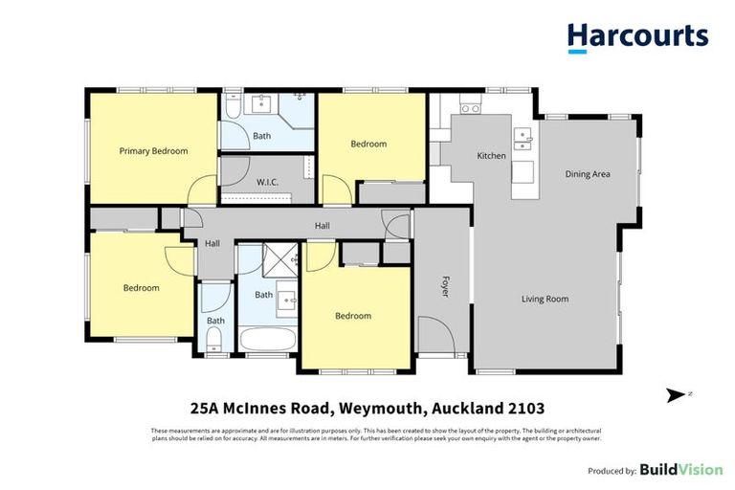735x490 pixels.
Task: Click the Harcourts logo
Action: pos(637,37)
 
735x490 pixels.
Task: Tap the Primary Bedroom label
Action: pos(153,151)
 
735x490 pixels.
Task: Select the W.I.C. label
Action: pos(267,182)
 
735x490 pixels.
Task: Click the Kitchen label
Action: pos(491,155)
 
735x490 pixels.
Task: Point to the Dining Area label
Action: pos(588,174)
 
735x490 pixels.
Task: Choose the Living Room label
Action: pos(545,300)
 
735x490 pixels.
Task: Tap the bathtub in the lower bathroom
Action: pos(263,340)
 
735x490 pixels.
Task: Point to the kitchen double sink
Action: pos(522,140)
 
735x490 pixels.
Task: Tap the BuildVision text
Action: pos(681,470)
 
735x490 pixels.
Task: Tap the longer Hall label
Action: pos(323,226)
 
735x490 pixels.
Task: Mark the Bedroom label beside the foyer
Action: pos(352,316)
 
